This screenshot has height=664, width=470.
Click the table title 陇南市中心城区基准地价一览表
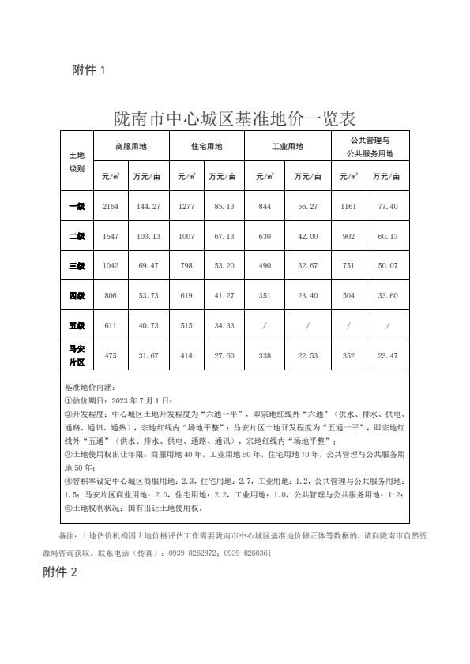click(235, 119)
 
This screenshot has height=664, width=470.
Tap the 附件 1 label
click(88, 71)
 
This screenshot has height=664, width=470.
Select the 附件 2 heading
click(60, 572)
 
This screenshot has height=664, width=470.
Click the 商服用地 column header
click(131, 147)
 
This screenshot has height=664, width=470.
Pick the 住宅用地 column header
click(207, 147)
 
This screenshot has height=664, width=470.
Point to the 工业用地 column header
click(287, 147)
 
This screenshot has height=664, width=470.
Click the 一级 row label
click(77, 206)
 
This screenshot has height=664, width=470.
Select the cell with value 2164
click(111, 206)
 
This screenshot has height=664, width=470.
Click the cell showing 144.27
click(149, 206)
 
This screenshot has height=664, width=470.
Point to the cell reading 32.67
click(307, 266)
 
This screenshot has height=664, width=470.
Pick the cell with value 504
click(348, 296)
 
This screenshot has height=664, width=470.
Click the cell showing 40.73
click(149, 326)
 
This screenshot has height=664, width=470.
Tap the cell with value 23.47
click(388, 356)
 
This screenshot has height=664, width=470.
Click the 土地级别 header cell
click(77, 162)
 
